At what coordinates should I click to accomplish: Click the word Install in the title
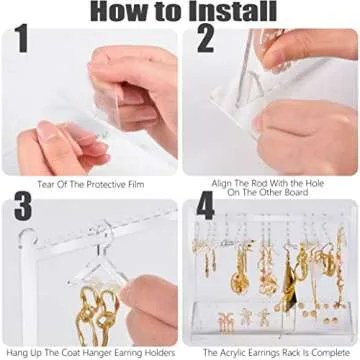[221, 13]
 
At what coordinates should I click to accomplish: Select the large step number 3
[20, 207]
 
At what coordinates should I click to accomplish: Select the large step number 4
[205, 207]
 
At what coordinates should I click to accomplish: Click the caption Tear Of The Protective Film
[90, 183]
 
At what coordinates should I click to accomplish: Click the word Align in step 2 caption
[222, 183]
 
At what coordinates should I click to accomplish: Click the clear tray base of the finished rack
[270, 318]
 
